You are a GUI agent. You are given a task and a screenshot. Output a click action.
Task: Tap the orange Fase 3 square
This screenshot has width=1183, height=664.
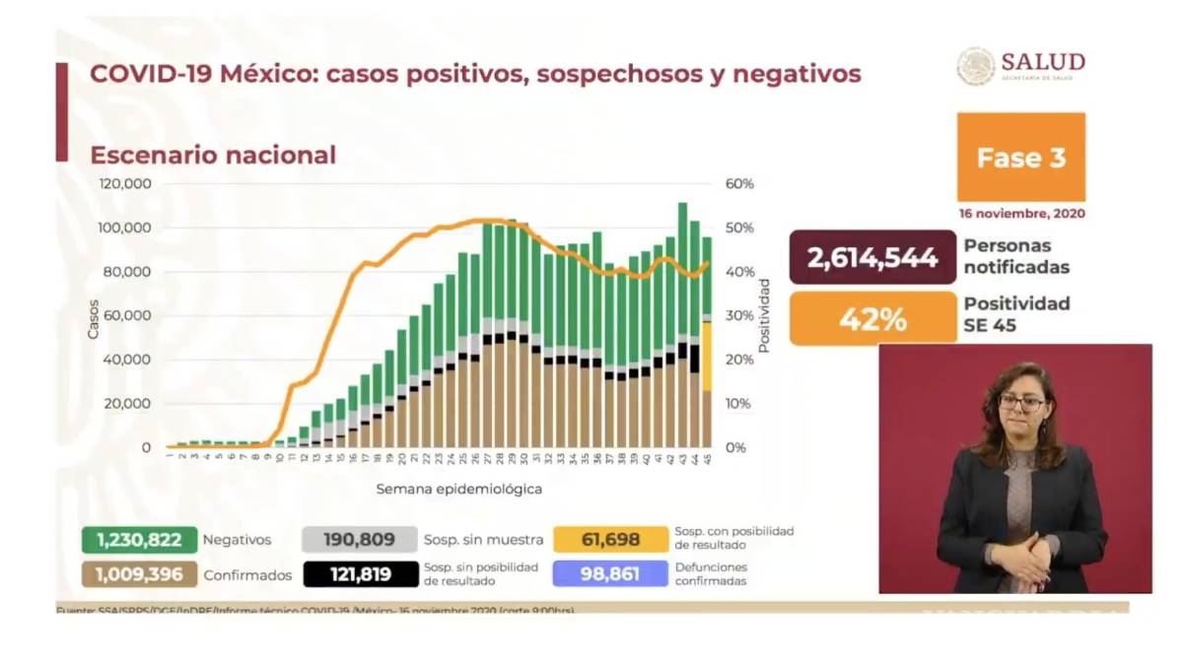pos(1020,158)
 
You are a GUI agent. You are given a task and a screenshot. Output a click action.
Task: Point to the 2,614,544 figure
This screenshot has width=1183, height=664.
pos(872,258)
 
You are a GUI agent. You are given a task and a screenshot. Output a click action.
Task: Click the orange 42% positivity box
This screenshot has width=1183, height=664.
pos(872,319)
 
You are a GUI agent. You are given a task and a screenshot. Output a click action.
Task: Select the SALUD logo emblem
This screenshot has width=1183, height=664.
pos(975,66)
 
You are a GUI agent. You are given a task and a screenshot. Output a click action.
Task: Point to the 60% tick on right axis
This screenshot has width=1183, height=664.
pos(739,184)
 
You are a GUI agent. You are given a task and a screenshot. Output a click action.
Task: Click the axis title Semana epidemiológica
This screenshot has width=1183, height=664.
pos(458,489)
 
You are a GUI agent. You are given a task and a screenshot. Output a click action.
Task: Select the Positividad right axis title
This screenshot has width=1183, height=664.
pos(764,315)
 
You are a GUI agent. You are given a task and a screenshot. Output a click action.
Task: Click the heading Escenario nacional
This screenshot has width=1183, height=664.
pos(213,156)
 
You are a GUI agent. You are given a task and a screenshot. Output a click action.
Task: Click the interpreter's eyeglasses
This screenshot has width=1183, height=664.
pos(1021,402)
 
